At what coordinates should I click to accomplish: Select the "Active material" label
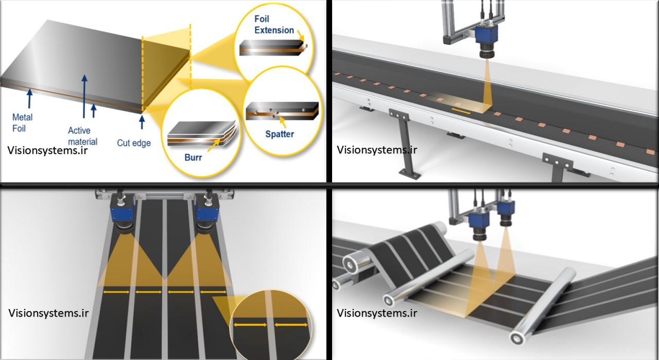(x=82, y=136)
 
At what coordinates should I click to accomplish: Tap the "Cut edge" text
(x=134, y=143)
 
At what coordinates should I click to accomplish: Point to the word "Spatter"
(x=280, y=134)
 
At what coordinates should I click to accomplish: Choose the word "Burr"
(x=193, y=158)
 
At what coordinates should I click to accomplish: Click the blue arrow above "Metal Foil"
(x=30, y=98)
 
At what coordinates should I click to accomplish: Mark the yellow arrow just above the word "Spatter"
(x=283, y=122)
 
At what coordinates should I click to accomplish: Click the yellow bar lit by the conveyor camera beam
(x=461, y=109)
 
